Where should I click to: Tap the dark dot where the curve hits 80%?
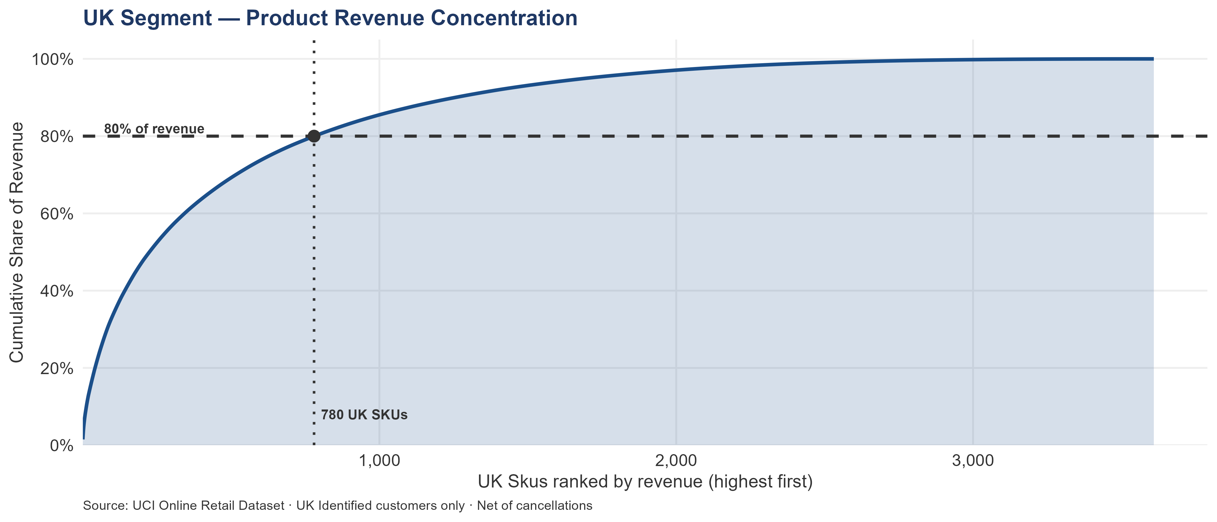[x=314, y=136]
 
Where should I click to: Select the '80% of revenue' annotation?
[x=154, y=128]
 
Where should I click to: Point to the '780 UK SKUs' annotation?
[x=364, y=415]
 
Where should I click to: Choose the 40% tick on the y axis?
[x=57, y=291]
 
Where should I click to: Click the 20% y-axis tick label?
[x=57, y=368]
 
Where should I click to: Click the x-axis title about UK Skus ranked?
[x=645, y=481]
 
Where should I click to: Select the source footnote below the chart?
[x=337, y=505]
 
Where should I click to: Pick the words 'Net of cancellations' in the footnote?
[x=534, y=505]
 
